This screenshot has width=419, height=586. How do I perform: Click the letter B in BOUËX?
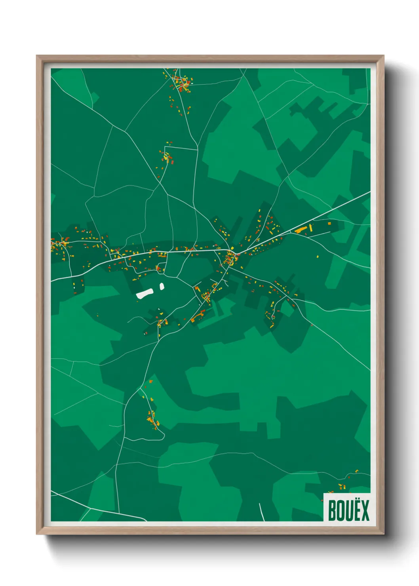click(x=332, y=510)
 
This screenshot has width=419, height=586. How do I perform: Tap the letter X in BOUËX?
click(x=364, y=510)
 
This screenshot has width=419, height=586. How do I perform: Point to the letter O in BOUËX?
click(x=340, y=510)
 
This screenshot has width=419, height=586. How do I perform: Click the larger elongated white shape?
click(x=145, y=293)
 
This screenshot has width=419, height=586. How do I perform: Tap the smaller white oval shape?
click(x=162, y=286)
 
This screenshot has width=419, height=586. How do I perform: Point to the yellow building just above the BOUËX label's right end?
click(x=356, y=471)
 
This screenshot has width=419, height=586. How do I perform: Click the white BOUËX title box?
click(x=347, y=507)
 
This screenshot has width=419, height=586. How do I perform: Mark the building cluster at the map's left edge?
click(x=59, y=244)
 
